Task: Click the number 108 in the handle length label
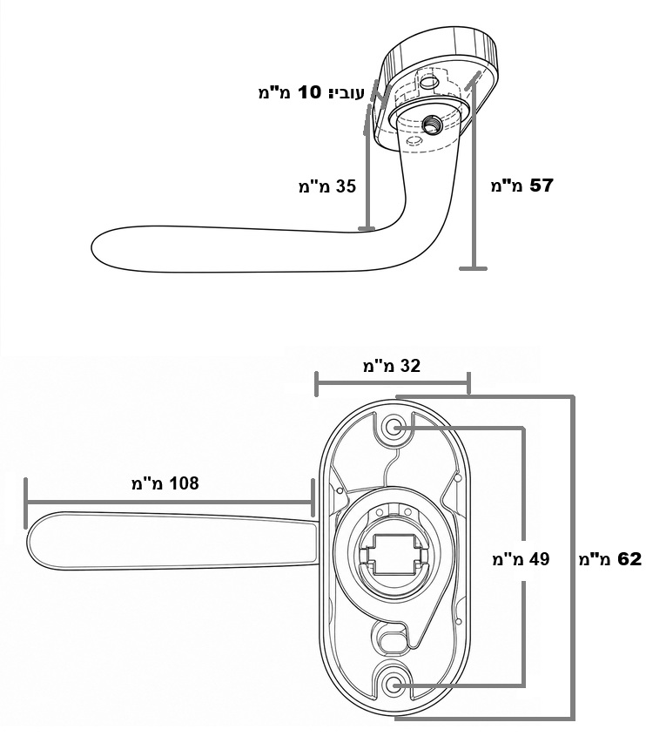pos(184,483)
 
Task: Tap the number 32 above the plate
pos(409,366)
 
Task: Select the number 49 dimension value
pos(539,559)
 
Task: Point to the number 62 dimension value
pos(629,559)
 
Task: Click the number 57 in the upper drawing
pos(541,186)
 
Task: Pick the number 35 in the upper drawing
pos(346,186)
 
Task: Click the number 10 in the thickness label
pos(309,92)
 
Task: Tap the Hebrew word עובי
pos(347,92)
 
